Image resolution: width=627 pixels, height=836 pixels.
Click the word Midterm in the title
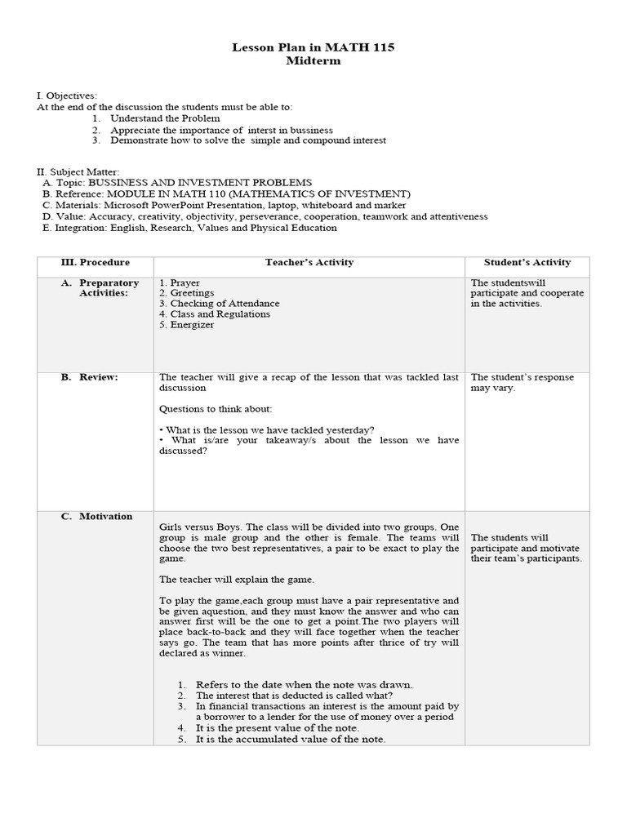tap(313, 61)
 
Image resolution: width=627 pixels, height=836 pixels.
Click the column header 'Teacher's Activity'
tap(309, 262)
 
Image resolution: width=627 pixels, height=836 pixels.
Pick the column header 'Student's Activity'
tap(527, 262)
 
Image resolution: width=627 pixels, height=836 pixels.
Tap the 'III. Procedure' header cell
tap(95, 262)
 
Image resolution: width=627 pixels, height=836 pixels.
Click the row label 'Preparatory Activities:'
tap(109, 288)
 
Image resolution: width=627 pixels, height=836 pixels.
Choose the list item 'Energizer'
tap(193, 325)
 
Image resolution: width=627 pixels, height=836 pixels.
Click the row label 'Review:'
tap(99, 377)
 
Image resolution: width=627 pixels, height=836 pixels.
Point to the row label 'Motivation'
tap(105, 516)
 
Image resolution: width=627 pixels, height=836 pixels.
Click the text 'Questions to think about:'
tap(216, 408)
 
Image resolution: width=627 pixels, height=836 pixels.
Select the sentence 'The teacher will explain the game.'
tap(237, 579)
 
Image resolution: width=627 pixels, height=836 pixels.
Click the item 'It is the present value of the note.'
tap(278, 727)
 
